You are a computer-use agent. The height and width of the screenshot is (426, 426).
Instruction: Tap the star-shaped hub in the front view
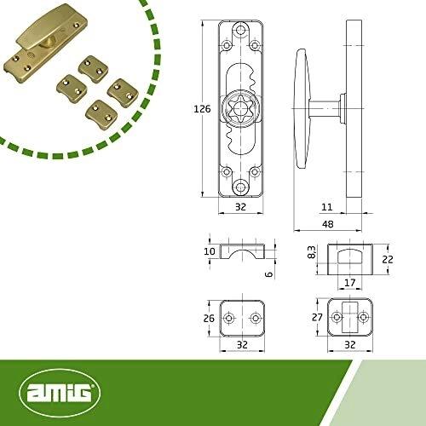[x=240, y=112]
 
